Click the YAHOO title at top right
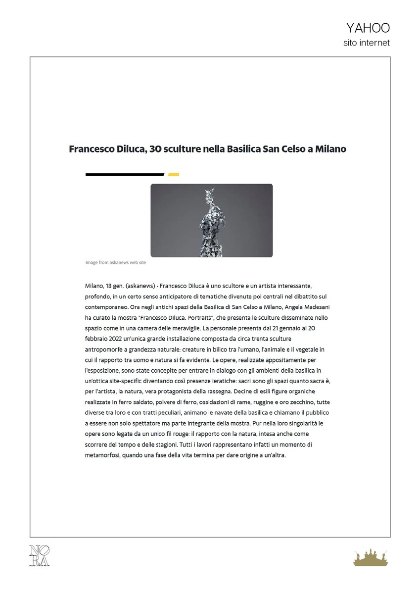click(x=368, y=28)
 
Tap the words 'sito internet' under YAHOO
click(x=367, y=43)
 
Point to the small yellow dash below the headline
click(x=173, y=174)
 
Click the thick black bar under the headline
click(x=125, y=174)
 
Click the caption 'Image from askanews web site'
click(x=116, y=262)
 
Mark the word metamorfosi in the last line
click(x=103, y=455)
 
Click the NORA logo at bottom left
click(x=40, y=555)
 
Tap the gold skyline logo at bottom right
click(x=372, y=557)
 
